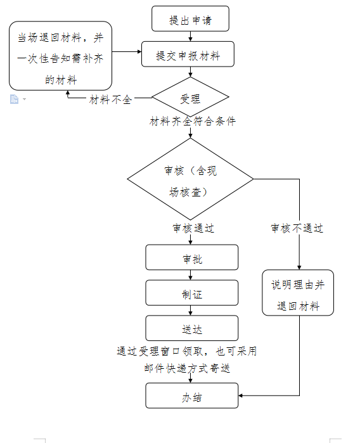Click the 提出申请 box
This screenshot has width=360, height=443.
(190, 18)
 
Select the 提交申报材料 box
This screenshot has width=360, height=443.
(188, 54)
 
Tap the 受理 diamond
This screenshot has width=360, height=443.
(190, 97)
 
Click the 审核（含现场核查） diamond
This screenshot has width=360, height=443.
(190, 179)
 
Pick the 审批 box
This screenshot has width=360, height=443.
(192, 257)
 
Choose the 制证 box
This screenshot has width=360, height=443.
(192, 293)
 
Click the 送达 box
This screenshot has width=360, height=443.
(192, 328)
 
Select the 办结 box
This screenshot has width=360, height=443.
(192, 395)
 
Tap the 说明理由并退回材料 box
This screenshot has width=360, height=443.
(298, 293)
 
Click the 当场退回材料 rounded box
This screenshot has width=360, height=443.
(60, 56)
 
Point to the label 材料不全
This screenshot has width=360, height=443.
(110, 100)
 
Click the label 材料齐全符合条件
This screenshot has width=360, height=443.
(193, 122)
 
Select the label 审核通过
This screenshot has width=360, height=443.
(193, 228)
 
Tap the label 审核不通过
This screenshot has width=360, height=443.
(297, 228)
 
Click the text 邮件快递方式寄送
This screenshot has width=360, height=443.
(187, 368)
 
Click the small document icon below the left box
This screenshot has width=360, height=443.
(14, 99)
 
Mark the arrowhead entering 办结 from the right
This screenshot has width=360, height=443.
(240, 395)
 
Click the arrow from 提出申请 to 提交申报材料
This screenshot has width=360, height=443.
(190, 37)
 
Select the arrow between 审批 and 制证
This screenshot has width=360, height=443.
(190, 275)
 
